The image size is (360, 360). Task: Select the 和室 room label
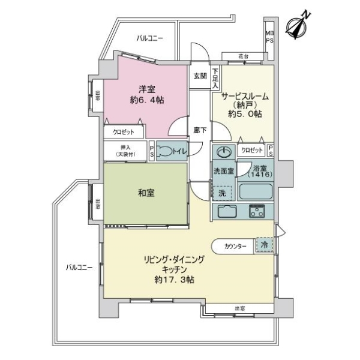[x=146, y=193]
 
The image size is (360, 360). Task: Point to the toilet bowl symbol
[x=165, y=151]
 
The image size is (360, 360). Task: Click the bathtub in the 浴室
[x=256, y=191]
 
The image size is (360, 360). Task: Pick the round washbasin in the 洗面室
[x=224, y=151]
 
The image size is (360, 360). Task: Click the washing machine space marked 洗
[x=221, y=193]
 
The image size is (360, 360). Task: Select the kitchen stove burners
[x=258, y=211]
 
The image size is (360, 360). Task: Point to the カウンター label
[x=235, y=246]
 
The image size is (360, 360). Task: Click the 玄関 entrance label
[x=200, y=76]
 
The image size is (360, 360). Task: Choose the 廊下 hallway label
[x=200, y=130]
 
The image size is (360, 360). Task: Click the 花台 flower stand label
[x=243, y=56]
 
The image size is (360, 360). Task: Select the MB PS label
[x=269, y=37]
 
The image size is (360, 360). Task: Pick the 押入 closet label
[x=125, y=150]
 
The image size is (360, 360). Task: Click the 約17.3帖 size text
[x=174, y=280]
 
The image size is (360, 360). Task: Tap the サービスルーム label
[x=245, y=96]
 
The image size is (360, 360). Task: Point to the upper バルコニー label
[x=149, y=38]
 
